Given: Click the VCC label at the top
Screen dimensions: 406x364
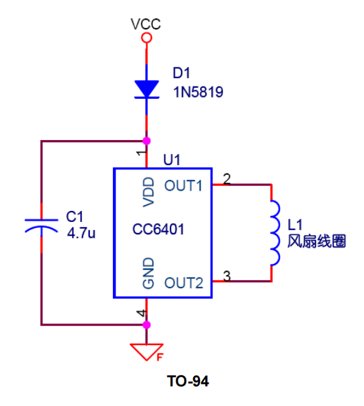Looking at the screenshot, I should tap(146, 25).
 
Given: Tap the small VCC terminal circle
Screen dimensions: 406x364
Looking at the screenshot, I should tap(146, 39).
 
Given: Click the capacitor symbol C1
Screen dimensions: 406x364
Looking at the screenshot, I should tap(41, 227).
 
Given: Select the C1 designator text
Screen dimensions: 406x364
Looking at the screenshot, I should tap(75, 217).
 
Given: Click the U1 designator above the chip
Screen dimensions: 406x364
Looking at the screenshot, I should tap(171, 159).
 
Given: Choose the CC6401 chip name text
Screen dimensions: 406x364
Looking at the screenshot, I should tap(158, 230).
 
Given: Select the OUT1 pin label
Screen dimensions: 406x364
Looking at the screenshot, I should tap(183, 185).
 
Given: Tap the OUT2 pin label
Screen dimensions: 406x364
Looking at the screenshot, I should tap(184, 283).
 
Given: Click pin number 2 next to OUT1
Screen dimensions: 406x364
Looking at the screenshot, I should tap(227, 178).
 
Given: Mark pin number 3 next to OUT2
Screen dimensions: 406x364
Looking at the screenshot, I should tap(227, 276).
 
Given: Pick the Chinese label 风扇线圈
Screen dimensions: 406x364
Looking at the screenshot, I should tap(317, 241).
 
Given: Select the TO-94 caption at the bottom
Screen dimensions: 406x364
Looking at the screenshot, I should tap(188, 381).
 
